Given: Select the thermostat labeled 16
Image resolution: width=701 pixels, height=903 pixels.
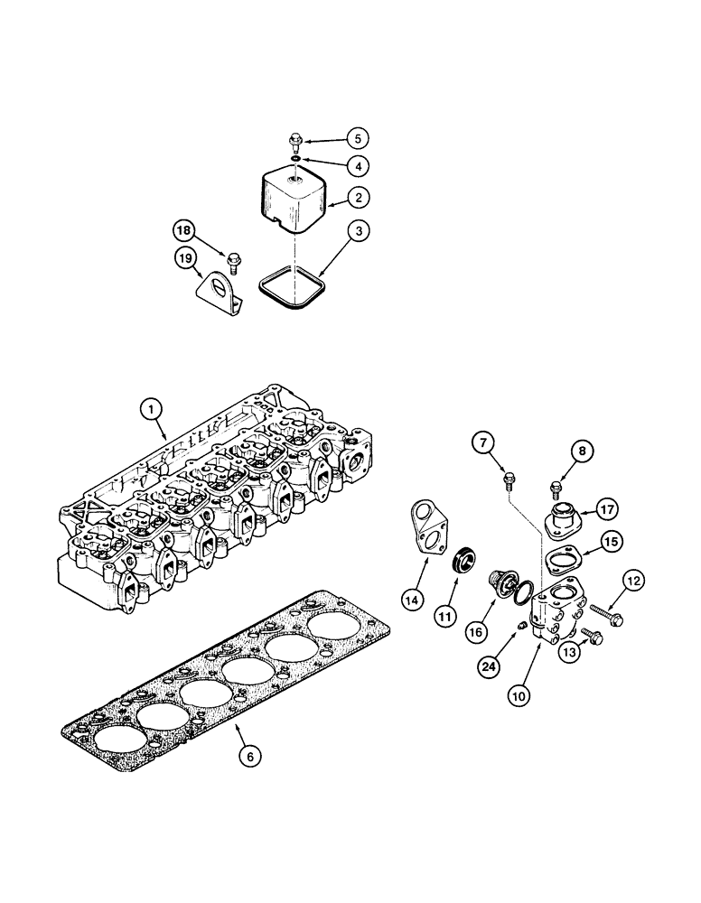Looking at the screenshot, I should click(x=500, y=582).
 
